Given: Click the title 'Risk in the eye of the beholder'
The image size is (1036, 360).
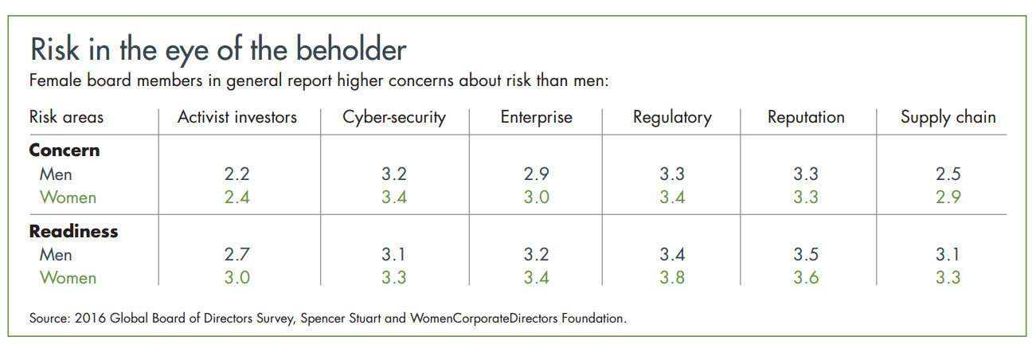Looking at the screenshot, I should (218, 49).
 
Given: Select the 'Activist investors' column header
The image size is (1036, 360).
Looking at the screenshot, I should (237, 117).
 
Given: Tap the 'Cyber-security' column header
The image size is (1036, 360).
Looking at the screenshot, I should (394, 117).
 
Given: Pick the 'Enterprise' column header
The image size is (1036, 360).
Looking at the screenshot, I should (536, 117).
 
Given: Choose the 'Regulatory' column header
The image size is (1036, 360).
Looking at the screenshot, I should (672, 117).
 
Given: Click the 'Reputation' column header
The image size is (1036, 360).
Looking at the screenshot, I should (806, 117).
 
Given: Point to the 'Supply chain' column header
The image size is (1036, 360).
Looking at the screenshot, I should (948, 117).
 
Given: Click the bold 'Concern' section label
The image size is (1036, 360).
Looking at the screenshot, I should (65, 151).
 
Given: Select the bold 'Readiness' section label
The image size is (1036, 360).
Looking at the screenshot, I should (73, 232).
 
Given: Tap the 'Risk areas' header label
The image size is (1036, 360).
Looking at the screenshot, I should (66, 117).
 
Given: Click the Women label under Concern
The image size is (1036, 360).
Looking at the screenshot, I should (68, 197).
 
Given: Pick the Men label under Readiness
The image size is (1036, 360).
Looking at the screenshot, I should (56, 255).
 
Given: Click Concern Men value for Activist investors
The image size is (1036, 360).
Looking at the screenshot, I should (237, 174).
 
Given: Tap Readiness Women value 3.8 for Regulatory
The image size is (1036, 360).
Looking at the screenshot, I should (672, 278).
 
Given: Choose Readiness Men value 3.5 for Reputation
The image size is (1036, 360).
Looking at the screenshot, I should (806, 255).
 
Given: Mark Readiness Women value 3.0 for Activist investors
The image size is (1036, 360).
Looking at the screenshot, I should (237, 278).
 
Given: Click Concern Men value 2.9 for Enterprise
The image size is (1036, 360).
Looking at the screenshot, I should (536, 174).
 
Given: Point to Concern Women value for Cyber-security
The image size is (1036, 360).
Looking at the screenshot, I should (394, 197).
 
